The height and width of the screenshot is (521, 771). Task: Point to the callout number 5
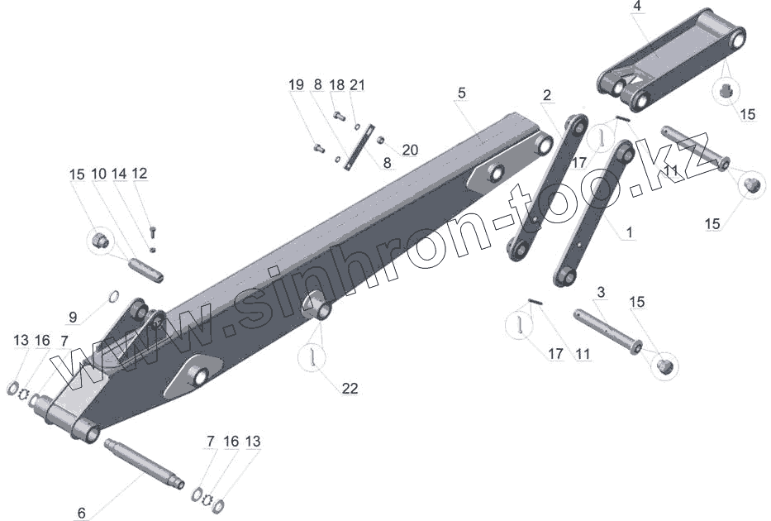click(x=461, y=93)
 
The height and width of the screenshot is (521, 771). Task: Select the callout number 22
click(x=350, y=388)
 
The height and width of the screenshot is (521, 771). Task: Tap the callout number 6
click(x=81, y=513)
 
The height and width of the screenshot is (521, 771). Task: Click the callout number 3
click(x=601, y=293)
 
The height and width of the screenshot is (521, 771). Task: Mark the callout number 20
click(x=410, y=150)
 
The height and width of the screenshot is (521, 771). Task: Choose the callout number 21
click(x=357, y=84)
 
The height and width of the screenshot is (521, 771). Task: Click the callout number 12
click(x=139, y=173)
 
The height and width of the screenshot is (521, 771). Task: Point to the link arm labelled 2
click(x=546, y=189)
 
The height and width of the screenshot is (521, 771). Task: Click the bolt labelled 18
click(x=339, y=117)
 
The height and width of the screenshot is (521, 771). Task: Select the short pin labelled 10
click(x=147, y=270)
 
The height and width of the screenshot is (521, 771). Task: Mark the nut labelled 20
click(x=381, y=140)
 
